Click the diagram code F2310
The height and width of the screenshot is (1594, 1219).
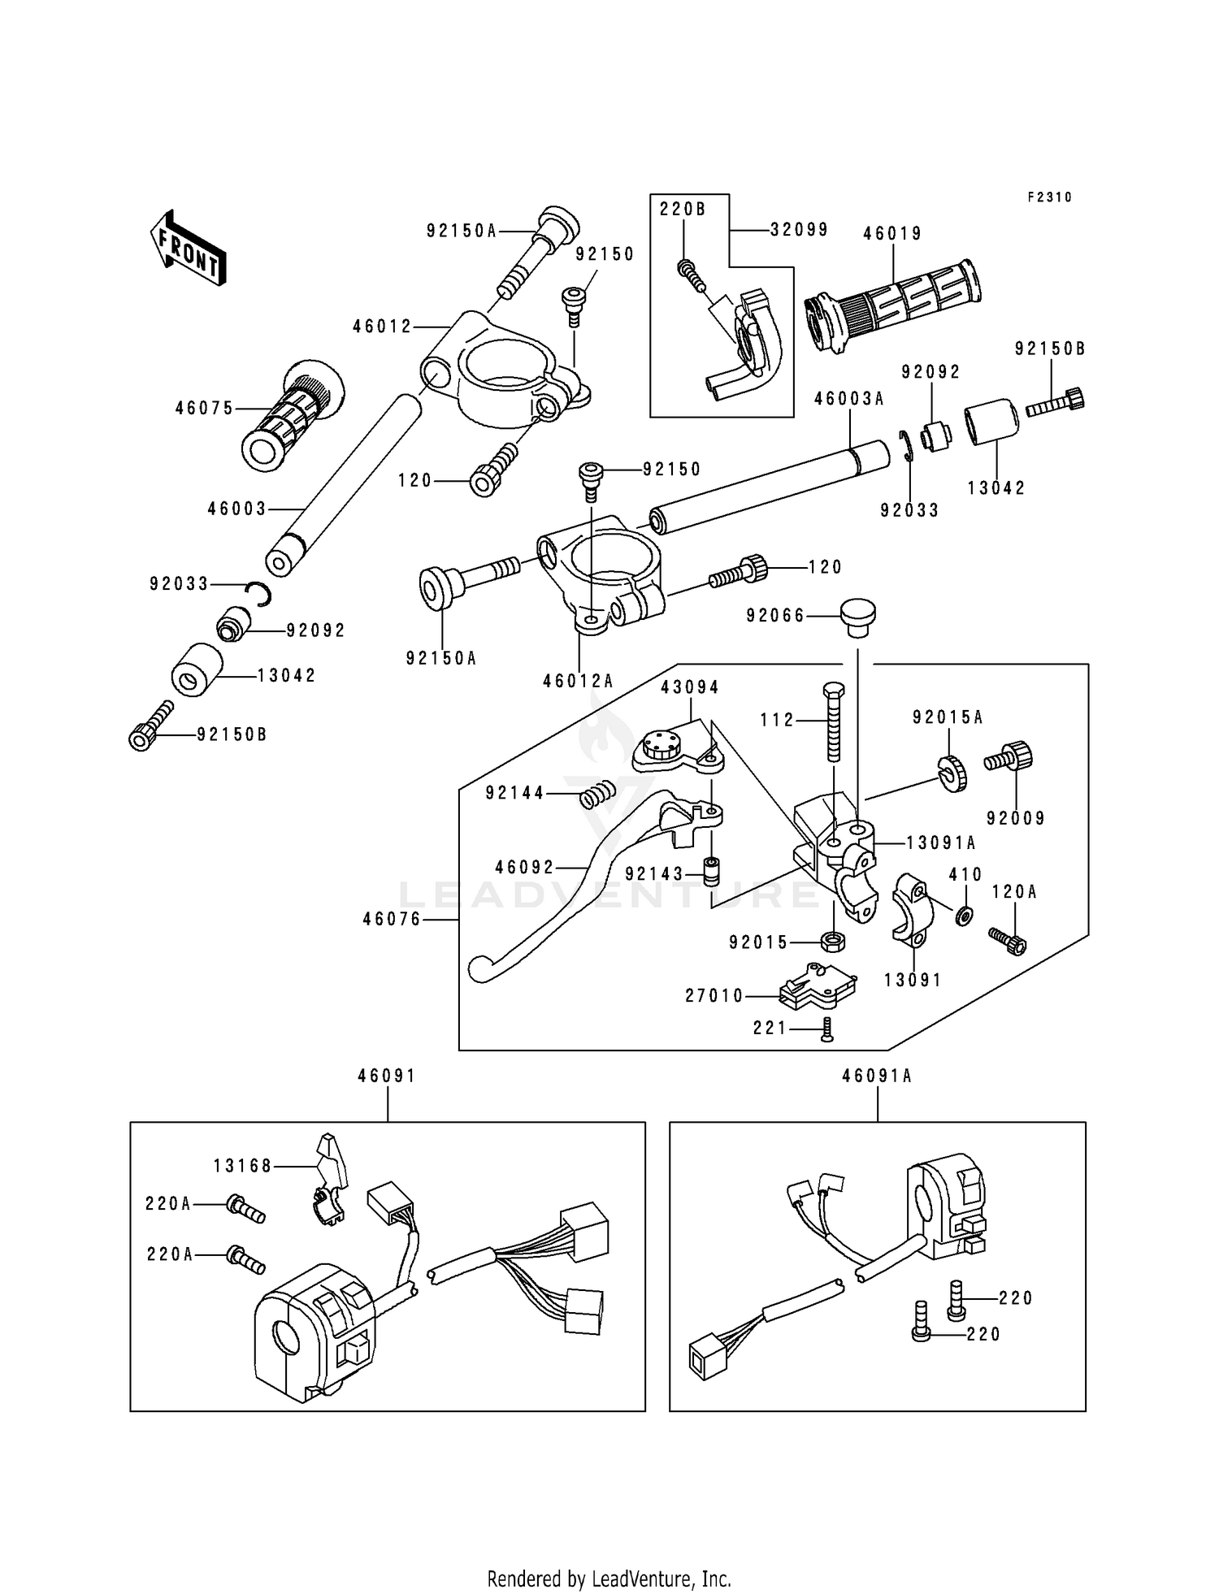[x=1049, y=197]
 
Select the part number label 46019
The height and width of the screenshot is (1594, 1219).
[x=892, y=234]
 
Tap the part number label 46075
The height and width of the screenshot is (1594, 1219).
[x=204, y=409]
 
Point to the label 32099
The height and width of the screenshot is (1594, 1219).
[x=799, y=230]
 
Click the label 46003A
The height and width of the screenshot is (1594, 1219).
[x=849, y=399]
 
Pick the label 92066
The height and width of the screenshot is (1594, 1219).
[x=775, y=616]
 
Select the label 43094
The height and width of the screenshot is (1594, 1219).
[x=689, y=687]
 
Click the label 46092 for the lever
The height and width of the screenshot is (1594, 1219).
[x=524, y=868]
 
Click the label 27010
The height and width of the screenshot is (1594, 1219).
[x=714, y=996]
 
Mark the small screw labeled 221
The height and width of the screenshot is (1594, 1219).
[x=827, y=1030]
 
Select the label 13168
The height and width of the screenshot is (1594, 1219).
[x=242, y=1167]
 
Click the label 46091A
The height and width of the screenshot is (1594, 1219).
[x=877, y=1076]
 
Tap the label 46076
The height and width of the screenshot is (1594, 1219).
[x=392, y=920]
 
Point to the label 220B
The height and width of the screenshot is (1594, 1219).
[x=683, y=210]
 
